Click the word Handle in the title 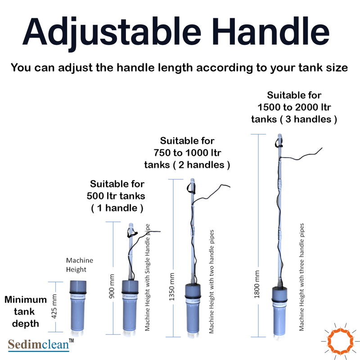(270, 31)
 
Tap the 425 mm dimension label (54, 306)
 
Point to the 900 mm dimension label (112, 286)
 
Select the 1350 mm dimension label (171, 287)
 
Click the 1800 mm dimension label (256, 284)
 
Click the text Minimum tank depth (26, 311)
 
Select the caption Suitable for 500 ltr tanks (117, 196)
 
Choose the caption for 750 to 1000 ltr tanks (187, 153)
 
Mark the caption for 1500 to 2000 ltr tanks (294, 107)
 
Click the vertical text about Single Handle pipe (148, 277)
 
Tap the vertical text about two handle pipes (211, 282)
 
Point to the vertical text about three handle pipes (301, 277)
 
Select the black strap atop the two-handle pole (191, 188)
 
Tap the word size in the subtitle (337, 68)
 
